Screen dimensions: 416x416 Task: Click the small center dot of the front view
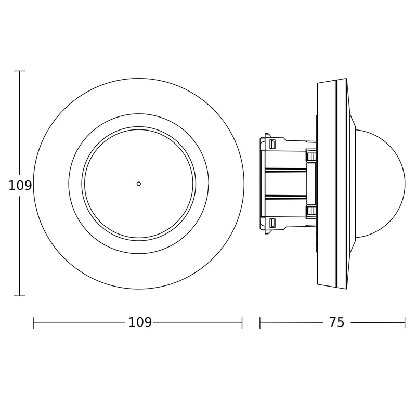(x=138, y=184)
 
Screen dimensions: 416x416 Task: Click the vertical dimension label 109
(x=20, y=186)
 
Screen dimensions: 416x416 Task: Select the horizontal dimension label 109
(x=140, y=322)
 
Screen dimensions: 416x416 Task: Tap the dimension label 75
(x=336, y=322)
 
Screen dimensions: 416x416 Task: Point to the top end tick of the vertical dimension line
(x=19, y=71)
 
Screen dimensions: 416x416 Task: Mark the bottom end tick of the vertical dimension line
(x=19, y=296)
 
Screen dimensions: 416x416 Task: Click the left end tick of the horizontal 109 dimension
(x=33, y=323)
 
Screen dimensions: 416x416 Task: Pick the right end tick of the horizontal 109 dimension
(x=242, y=323)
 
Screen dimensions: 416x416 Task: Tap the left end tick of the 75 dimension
(x=260, y=323)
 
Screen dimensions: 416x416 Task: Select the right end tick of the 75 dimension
(x=405, y=323)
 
